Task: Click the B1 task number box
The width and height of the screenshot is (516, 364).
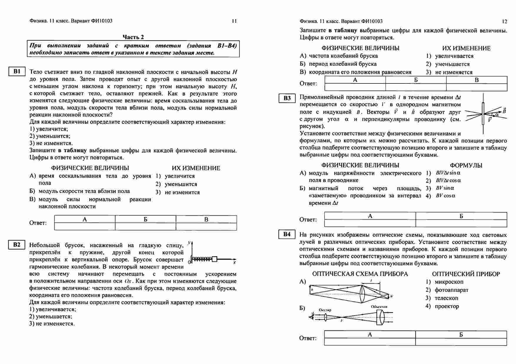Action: coord(17,72)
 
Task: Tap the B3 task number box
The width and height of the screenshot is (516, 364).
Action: coord(287,98)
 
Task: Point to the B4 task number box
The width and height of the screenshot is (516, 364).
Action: coord(287,234)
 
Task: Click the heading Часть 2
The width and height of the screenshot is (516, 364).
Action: coord(133,37)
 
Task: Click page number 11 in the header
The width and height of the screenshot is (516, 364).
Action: coord(234,21)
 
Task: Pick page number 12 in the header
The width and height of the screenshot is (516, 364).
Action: coord(505,21)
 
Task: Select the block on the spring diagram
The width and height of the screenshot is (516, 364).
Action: coord(214,259)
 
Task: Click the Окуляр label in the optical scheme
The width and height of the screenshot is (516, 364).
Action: coord(325,310)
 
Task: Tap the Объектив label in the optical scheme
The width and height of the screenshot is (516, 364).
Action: coord(379,307)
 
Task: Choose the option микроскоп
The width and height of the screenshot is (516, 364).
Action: coord(449,282)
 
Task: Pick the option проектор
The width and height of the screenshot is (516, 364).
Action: coord(447,306)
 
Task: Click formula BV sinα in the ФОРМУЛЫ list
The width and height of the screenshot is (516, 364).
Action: coord(445,188)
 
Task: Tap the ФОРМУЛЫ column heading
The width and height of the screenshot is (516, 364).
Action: coord(466,165)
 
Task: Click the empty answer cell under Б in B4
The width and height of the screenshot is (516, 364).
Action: coord(461,342)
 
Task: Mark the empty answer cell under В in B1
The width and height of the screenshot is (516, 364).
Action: coord(206,227)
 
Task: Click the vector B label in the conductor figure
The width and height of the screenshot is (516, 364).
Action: coord(504,111)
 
